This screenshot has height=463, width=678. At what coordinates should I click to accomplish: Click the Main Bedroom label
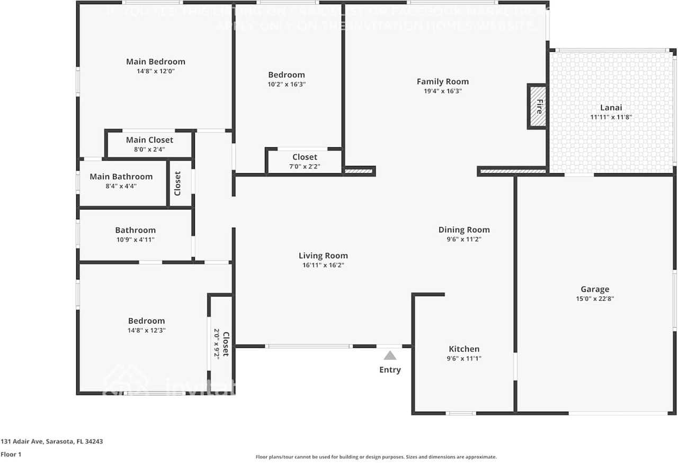156,61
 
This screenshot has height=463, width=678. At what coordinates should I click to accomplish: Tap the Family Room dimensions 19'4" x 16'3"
443,91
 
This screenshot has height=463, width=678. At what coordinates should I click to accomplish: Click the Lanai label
611,108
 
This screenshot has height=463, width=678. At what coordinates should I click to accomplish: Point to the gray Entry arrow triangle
390,355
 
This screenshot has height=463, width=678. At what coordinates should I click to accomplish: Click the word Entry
390,370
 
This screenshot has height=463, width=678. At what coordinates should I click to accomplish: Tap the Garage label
595,289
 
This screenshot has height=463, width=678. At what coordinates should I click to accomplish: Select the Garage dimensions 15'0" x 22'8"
595,299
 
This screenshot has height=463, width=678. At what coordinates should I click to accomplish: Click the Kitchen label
464,349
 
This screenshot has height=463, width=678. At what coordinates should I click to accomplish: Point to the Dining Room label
464,230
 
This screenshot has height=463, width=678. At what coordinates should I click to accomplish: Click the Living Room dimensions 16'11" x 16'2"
323,265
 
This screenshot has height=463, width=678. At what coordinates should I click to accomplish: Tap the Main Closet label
149,140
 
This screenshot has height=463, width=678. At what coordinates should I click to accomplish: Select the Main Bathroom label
121,177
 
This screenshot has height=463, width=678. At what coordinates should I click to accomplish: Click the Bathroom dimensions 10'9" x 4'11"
136,240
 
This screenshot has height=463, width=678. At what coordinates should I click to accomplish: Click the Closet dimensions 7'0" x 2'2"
305,166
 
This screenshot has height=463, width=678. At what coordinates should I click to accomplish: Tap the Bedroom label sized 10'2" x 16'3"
287,75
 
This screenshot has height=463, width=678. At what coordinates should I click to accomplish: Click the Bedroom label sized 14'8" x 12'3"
146,321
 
